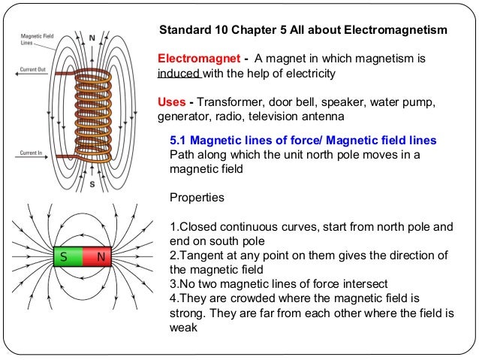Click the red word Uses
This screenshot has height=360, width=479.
pyautogui.click(x=171, y=102)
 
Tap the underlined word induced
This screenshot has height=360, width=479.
pyautogui.click(x=178, y=74)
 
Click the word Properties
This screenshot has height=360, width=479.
pyautogui.click(x=197, y=199)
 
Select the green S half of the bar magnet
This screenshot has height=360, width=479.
pyautogui.click(x=65, y=259)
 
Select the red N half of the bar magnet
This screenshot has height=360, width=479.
pyautogui.click(x=98, y=259)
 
